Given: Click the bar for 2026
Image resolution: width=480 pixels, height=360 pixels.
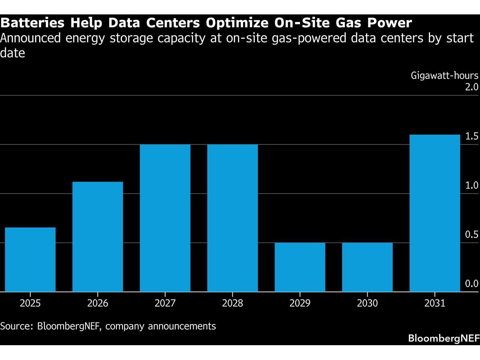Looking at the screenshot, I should [x=97, y=236].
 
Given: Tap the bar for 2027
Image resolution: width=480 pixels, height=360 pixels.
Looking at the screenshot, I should [x=165, y=218].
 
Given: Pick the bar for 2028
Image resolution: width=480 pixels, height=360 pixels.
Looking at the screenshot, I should [x=232, y=218].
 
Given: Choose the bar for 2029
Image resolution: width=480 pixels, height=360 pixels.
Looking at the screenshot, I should [x=300, y=267].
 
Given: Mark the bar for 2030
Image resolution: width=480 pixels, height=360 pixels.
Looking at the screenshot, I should [x=367, y=267].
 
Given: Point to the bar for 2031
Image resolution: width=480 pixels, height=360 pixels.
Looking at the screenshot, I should [x=434, y=213].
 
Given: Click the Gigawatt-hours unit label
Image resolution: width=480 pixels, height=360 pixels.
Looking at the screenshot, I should [x=444, y=76].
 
